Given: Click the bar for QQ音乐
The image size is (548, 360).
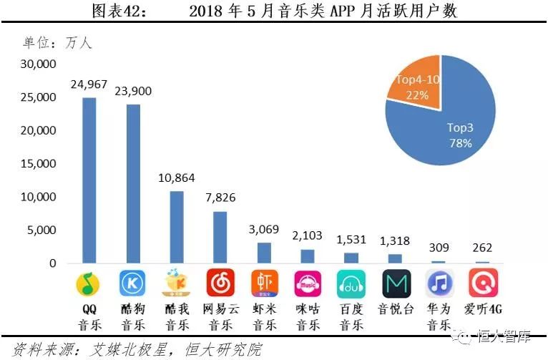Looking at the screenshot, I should [89, 180].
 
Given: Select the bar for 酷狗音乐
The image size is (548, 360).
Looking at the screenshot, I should [133, 184].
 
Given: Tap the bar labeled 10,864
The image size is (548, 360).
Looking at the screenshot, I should [177, 227].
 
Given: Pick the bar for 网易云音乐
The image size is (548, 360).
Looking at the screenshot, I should [220, 237].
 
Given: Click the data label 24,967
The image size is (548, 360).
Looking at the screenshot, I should [89, 85].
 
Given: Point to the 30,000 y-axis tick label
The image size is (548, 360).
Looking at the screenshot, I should [38, 64].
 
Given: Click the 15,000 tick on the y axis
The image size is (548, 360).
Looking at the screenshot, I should [38, 164].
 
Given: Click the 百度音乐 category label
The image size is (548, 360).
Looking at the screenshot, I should [351, 317].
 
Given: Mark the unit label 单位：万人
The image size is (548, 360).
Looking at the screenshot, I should [57, 42].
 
